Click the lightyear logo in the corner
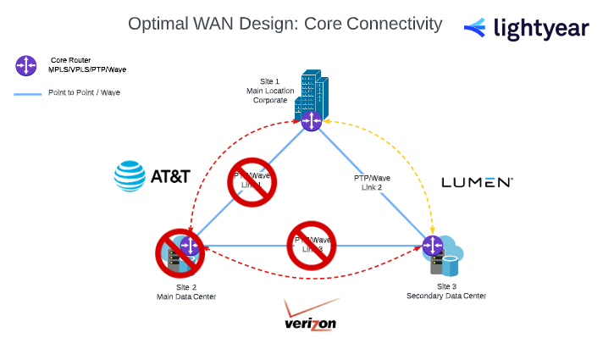point(526,28)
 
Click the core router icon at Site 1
point(313,120)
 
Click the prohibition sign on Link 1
point(253,181)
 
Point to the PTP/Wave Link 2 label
point(372,182)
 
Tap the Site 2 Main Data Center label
point(186,292)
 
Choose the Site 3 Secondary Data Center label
point(446,291)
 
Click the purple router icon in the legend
point(25,64)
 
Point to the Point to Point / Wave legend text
point(84,92)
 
